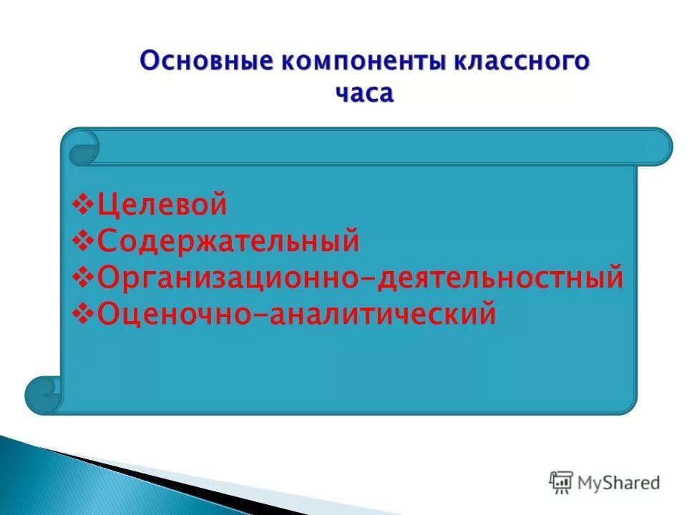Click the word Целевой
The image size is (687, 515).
[x=162, y=205]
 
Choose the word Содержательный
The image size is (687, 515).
[x=228, y=241]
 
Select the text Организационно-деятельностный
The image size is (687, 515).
[x=360, y=278]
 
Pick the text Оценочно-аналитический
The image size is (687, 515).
[x=296, y=314]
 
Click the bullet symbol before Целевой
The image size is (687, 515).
[x=84, y=205]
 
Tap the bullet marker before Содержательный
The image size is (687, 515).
[x=84, y=241]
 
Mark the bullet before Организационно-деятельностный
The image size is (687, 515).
[x=84, y=278]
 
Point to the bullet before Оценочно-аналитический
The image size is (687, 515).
[x=84, y=314]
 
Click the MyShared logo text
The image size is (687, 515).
[x=619, y=483]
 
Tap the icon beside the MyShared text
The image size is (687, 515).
[x=562, y=483]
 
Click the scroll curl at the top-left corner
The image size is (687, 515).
[x=83, y=148]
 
